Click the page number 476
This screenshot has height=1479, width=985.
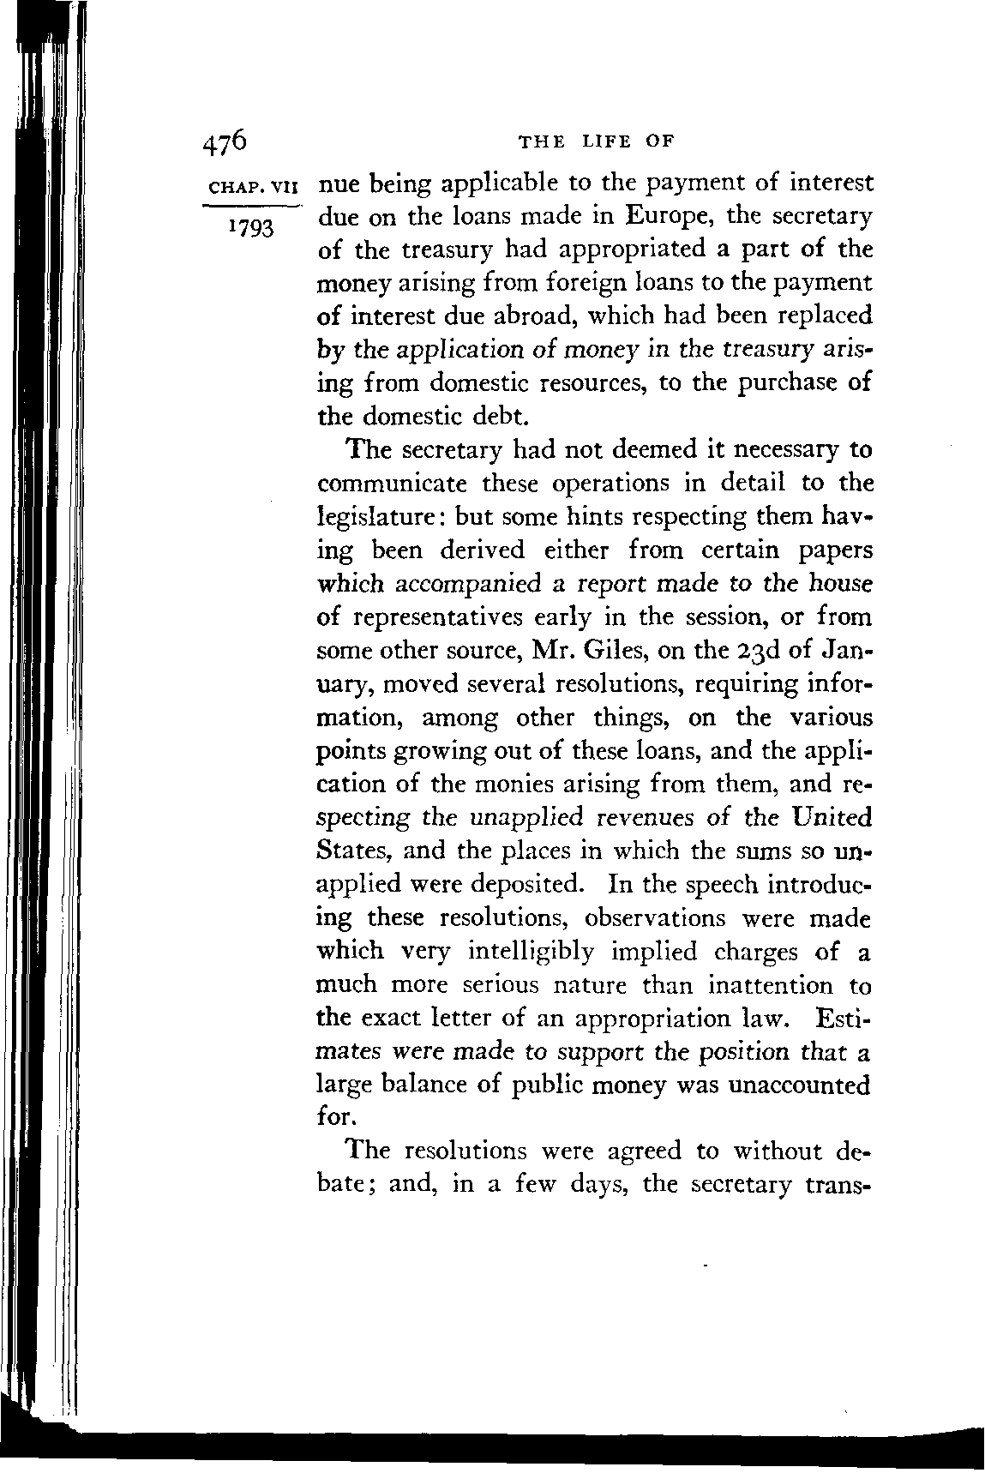pyautogui.click(x=225, y=141)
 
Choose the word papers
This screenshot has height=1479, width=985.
pyautogui.click(x=830, y=550)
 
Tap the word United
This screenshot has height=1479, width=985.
pyautogui.click(x=828, y=816)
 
